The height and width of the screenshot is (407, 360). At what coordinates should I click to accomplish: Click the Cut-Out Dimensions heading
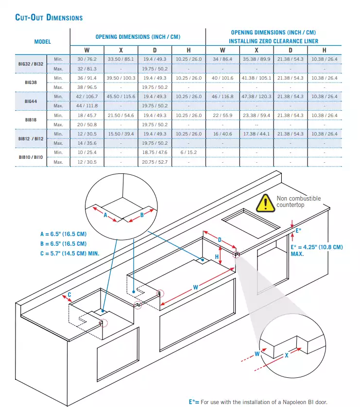[x=49, y=17]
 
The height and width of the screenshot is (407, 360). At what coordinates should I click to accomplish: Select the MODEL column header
[x=43, y=42]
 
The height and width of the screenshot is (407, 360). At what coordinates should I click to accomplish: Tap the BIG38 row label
[x=31, y=83]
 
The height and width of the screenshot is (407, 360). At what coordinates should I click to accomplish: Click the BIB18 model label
[x=31, y=120]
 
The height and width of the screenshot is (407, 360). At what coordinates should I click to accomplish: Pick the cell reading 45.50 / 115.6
[x=121, y=97]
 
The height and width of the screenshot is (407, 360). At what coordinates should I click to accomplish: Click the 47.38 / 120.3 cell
[x=257, y=97]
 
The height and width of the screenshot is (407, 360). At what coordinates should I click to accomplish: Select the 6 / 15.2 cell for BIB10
[x=189, y=153]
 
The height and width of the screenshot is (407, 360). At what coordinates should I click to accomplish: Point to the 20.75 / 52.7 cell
[x=154, y=162]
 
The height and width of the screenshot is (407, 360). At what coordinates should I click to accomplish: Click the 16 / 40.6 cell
[x=223, y=134]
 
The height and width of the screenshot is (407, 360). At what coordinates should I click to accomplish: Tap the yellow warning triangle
[x=265, y=203]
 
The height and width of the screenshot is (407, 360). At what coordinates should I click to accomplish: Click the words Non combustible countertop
[x=298, y=202]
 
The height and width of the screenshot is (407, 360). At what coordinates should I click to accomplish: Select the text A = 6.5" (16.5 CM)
[x=63, y=234]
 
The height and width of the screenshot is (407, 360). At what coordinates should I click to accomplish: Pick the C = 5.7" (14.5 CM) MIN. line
[x=70, y=254]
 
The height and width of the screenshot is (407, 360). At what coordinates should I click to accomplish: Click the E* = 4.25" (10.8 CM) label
[x=317, y=247]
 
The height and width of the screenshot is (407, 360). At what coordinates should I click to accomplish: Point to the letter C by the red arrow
[x=69, y=295]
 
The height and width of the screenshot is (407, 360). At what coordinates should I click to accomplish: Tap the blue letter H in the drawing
[x=217, y=257]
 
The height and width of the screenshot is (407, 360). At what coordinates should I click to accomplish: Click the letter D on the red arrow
[x=220, y=240]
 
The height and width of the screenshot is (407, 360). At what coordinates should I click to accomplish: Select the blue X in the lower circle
[x=287, y=356]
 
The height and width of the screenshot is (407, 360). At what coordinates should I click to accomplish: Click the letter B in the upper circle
[x=142, y=215]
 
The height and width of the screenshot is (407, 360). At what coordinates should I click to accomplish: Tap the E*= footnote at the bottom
[x=258, y=402]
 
